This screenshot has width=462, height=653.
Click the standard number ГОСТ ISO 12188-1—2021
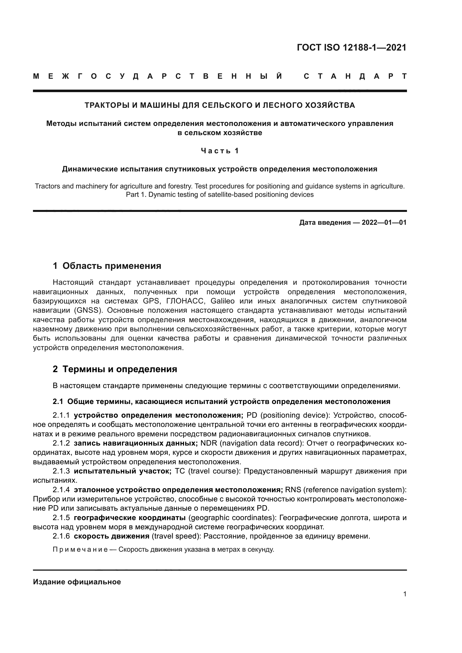[352, 47]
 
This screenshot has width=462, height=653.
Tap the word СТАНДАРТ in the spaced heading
[355, 76]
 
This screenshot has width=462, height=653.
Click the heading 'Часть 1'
[220, 151]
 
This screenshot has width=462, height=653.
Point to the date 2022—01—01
[384, 223]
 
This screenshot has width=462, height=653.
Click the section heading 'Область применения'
[112, 266]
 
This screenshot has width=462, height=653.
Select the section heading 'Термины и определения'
[120, 369]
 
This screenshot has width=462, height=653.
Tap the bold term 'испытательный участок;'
[123, 471]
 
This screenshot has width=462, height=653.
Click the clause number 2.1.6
[61, 536]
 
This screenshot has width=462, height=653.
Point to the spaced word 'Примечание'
[80, 549]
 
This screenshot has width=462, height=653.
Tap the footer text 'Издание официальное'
[77, 582]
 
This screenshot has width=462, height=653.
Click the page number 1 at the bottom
[405, 594]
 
